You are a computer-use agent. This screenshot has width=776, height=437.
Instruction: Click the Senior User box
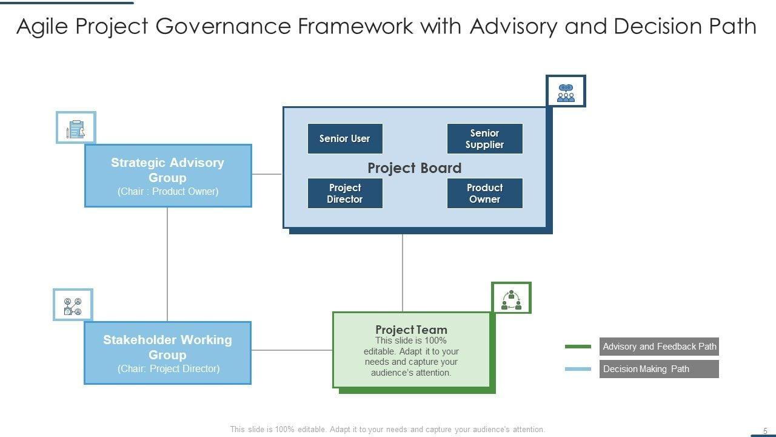coord(345,138)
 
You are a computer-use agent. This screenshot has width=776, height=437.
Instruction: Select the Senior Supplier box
coord(484,138)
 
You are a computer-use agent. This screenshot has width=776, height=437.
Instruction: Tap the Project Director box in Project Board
coord(345,193)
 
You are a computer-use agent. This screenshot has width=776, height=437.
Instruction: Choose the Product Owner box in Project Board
coord(484,193)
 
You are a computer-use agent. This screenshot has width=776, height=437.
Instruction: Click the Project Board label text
coord(414,168)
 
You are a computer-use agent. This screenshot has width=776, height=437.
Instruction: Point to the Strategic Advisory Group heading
coord(167,170)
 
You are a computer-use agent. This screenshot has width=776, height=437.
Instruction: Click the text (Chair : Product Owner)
coord(167,191)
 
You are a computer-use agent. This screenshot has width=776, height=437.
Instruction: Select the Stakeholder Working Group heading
coord(167,347)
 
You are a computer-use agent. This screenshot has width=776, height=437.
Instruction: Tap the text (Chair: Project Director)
coord(168,368)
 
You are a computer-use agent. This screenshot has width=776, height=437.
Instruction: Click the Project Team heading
coord(411,330)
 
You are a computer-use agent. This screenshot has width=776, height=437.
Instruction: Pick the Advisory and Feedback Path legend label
coord(659,347)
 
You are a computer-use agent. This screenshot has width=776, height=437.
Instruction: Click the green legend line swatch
coord(578,347)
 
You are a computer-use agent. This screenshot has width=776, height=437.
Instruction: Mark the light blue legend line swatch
coord(578,368)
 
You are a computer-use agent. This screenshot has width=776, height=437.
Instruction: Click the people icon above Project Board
coord(566,92)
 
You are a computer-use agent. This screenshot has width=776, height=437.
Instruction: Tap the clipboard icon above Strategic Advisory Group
coord(76,128)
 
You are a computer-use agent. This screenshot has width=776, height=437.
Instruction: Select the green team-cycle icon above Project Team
coord(511,299)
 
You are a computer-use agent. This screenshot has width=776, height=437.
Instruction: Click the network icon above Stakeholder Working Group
coord(73,305)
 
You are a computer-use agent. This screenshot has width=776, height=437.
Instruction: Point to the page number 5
coord(765,431)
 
